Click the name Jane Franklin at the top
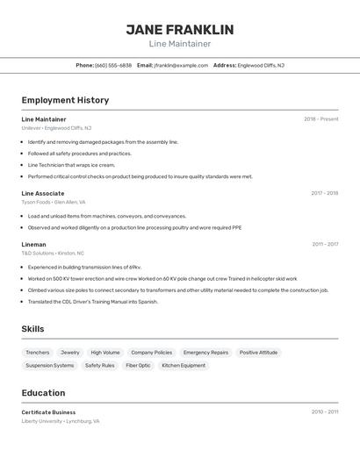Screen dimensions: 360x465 179,30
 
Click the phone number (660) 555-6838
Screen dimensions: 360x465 113,65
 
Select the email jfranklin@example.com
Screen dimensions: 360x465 181,65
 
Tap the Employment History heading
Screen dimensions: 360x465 65,100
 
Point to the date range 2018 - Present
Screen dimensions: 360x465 320,119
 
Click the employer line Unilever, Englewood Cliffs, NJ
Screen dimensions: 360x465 56,128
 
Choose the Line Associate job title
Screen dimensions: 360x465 43,193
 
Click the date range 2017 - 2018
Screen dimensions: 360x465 324,193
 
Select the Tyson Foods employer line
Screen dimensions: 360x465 53,202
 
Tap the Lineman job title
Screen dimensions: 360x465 33,245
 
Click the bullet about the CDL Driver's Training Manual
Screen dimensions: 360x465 93,301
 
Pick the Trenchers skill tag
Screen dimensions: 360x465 38,352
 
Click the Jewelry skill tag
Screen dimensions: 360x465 69,352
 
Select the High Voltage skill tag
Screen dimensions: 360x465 105,352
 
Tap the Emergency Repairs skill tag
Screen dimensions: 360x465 205,352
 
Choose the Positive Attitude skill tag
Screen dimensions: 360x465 258,352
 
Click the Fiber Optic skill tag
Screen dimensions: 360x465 138,365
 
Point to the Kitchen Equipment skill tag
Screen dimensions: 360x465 184,365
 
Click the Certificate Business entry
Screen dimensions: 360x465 48,412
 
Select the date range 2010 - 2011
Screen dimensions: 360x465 324,412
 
